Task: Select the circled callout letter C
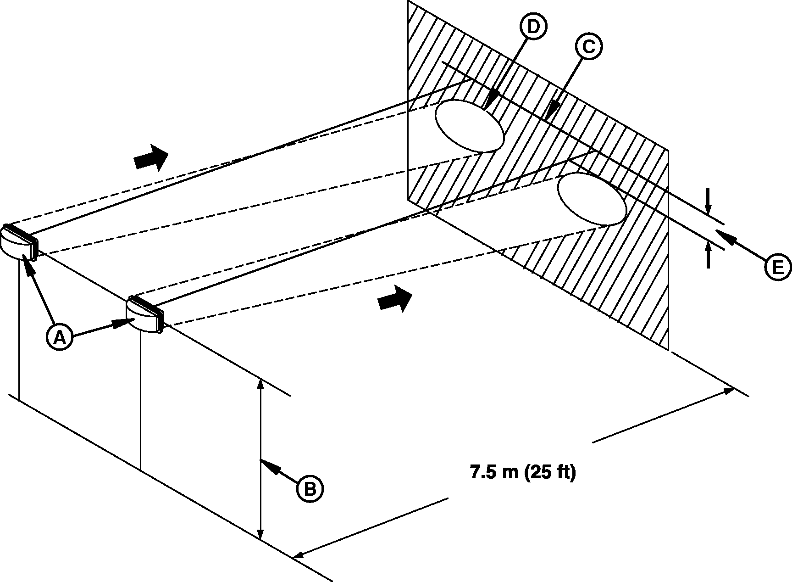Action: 588,46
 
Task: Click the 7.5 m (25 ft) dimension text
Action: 523,472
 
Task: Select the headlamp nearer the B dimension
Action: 145,314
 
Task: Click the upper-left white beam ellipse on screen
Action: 469,125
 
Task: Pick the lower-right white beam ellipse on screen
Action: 592,199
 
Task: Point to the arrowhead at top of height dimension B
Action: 260,384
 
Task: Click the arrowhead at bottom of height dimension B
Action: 260,534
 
